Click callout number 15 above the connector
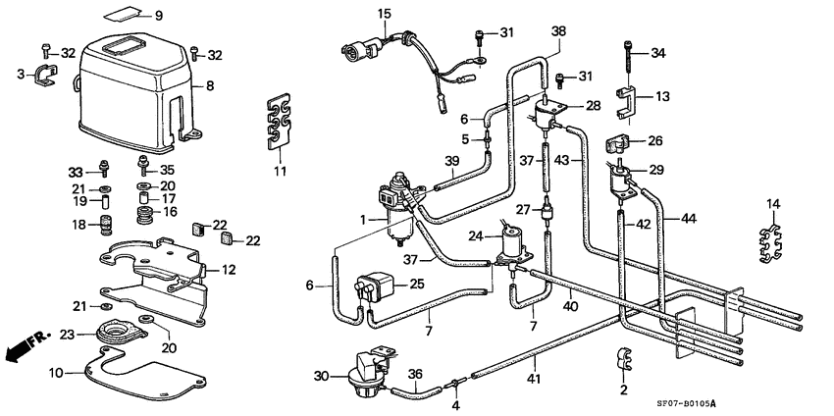pos(384,13)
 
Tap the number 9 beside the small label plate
pos(159,15)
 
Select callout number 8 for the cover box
pos(209,86)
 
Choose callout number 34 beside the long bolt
pos(657,53)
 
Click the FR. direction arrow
pos(24,346)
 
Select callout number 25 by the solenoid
pos(418,285)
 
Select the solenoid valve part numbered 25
pos(374,286)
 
